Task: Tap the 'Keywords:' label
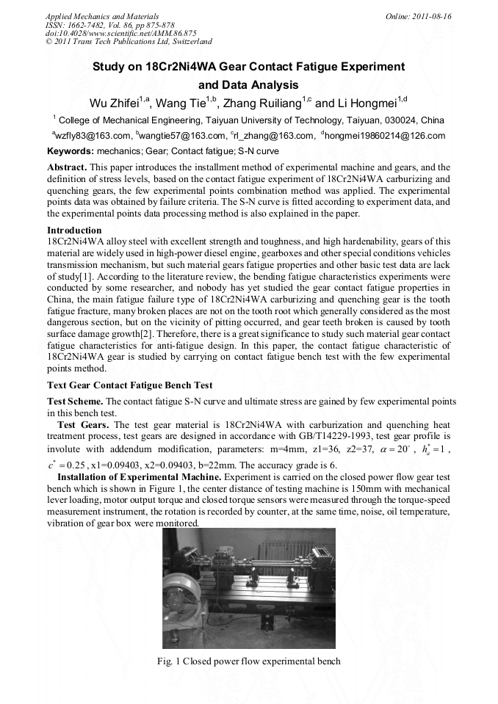(x=71, y=150)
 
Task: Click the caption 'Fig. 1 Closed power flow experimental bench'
(x=249, y=661)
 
